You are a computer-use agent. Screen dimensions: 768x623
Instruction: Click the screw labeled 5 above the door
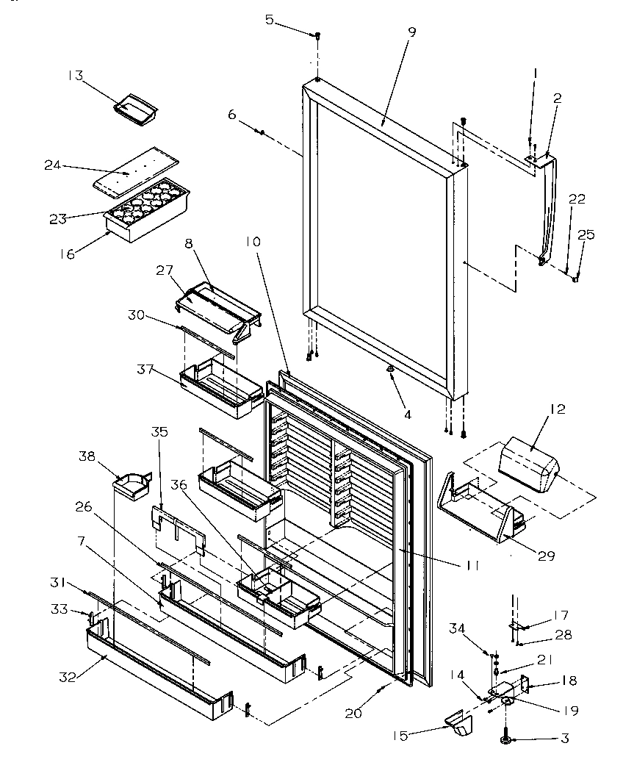click(x=318, y=35)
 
